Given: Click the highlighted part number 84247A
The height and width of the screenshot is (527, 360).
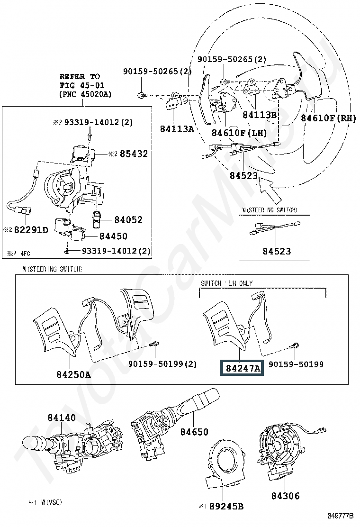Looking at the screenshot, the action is pyautogui.click(x=242, y=368).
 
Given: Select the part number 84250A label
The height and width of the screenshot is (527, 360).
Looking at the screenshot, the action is pyautogui.click(x=73, y=374).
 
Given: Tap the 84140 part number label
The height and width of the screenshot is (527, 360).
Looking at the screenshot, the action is pyautogui.click(x=62, y=418).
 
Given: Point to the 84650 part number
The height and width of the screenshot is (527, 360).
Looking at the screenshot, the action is pyautogui.click(x=194, y=432).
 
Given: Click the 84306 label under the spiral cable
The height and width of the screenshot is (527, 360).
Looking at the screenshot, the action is pyautogui.click(x=286, y=496).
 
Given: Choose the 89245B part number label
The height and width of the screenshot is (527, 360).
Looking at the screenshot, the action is pyautogui.click(x=226, y=506).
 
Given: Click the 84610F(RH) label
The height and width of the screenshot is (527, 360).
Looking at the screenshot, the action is pyautogui.click(x=329, y=118).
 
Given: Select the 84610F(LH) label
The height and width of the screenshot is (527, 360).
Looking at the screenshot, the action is pyautogui.click(x=239, y=133).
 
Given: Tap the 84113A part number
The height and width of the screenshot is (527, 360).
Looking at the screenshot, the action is pyautogui.click(x=177, y=128).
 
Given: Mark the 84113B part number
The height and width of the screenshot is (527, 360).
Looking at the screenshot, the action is pyautogui.click(x=260, y=115).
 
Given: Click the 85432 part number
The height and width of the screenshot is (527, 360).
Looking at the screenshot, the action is pyautogui.click(x=134, y=154).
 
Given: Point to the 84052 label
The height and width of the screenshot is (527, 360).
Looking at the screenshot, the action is pyautogui.click(x=129, y=220).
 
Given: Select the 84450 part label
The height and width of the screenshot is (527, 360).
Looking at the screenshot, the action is pyautogui.click(x=114, y=236).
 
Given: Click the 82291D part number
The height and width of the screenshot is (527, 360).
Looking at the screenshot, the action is pyautogui.click(x=31, y=230).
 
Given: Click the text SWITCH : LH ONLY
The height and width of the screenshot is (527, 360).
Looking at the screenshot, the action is pyautogui.click(x=227, y=283).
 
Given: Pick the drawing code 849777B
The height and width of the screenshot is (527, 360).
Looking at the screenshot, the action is pyautogui.click(x=341, y=516).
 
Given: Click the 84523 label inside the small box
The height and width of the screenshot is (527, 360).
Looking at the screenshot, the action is pyautogui.click(x=277, y=251).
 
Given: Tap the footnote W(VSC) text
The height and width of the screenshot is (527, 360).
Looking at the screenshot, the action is pyautogui.click(x=51, y=502).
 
